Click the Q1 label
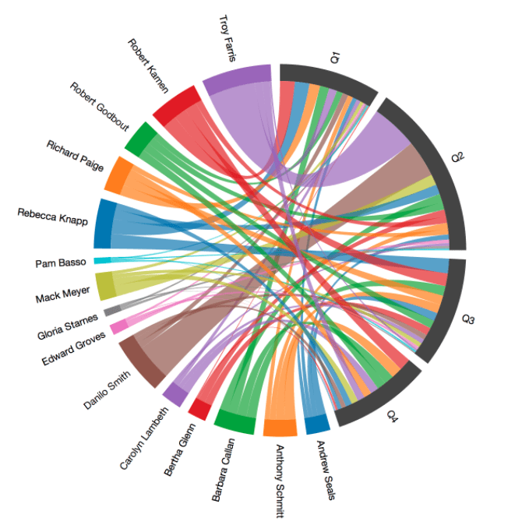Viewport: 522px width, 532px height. [335, 57]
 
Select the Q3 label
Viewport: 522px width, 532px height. [469, 319]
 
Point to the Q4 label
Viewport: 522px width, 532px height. [392, 417]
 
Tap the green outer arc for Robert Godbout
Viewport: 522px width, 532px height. [139, 138]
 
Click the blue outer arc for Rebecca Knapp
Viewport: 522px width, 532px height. [103, 223]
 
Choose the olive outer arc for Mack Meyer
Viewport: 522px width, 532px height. [104, 286]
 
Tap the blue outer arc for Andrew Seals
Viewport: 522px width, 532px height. [316, 425]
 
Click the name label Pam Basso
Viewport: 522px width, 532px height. [61, 262]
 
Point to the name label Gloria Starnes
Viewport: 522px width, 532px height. [68, 324]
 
